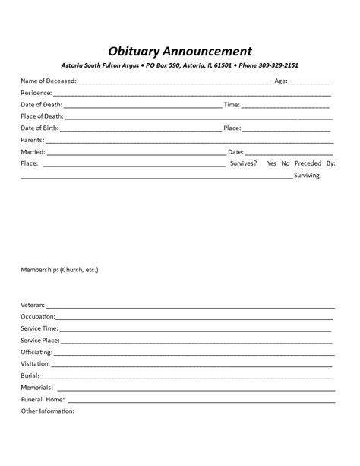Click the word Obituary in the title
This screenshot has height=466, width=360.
(x=132, y=52)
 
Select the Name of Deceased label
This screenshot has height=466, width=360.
(x=47, y=81)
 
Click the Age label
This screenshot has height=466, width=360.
(x=279, y=81)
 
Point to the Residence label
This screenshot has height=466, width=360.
(x=36, y=92)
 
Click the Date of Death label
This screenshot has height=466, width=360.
(x=41, y=104)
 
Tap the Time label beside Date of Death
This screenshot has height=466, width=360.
(x=232, y=104)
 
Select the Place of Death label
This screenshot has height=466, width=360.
(x=42, y=116)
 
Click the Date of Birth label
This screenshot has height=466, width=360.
(x=40, y=128)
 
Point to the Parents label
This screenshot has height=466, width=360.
(x=32, y=140)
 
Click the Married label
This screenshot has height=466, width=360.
(x=33, y=151)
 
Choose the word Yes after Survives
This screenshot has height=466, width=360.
(x=273, y=163)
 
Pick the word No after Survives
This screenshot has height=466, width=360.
(x=286, y=163)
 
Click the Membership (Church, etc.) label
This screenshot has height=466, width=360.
(x=59, y=270)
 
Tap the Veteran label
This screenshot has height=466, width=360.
(x=33, y=305)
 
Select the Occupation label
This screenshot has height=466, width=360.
(x=38, y=317)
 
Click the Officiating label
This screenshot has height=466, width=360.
(x=36, y=352)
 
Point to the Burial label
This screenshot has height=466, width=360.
(x=30, y=376)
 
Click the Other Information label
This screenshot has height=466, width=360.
(x=47, y=411)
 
